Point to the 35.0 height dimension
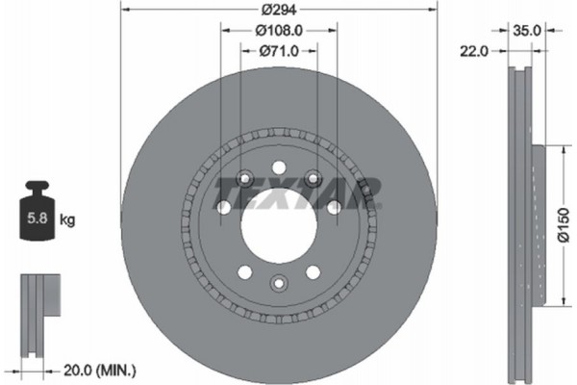tap(527, 30)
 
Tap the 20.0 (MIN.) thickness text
tap(98, 369)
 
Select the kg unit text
tap(67, 220)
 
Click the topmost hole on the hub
tap(278, 165)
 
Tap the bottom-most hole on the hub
tap(278, 283)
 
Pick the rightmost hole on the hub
tap(333, 207)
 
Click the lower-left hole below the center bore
tap(244, 270)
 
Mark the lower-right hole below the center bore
tap(312, 270)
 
